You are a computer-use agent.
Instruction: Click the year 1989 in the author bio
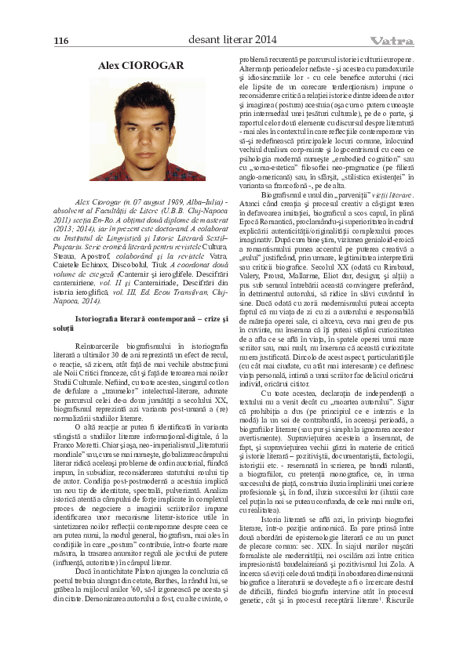pos(157,202)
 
